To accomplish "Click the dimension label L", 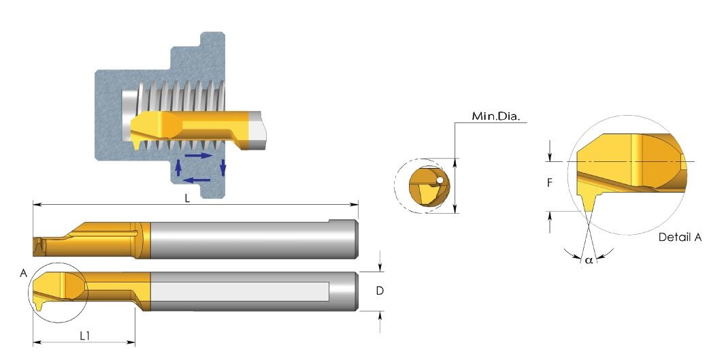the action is point(187,199).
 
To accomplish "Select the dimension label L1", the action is point(84,336).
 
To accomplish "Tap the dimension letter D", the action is point(380,291).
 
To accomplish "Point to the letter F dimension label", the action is point(550,183).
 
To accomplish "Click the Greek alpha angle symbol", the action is point(588,260).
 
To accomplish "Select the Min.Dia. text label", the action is point(496,116).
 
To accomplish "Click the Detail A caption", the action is point(680,238).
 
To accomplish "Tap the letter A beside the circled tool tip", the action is point(24,273).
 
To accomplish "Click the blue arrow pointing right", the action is point(199,156).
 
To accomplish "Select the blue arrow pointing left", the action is point(197,180).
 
